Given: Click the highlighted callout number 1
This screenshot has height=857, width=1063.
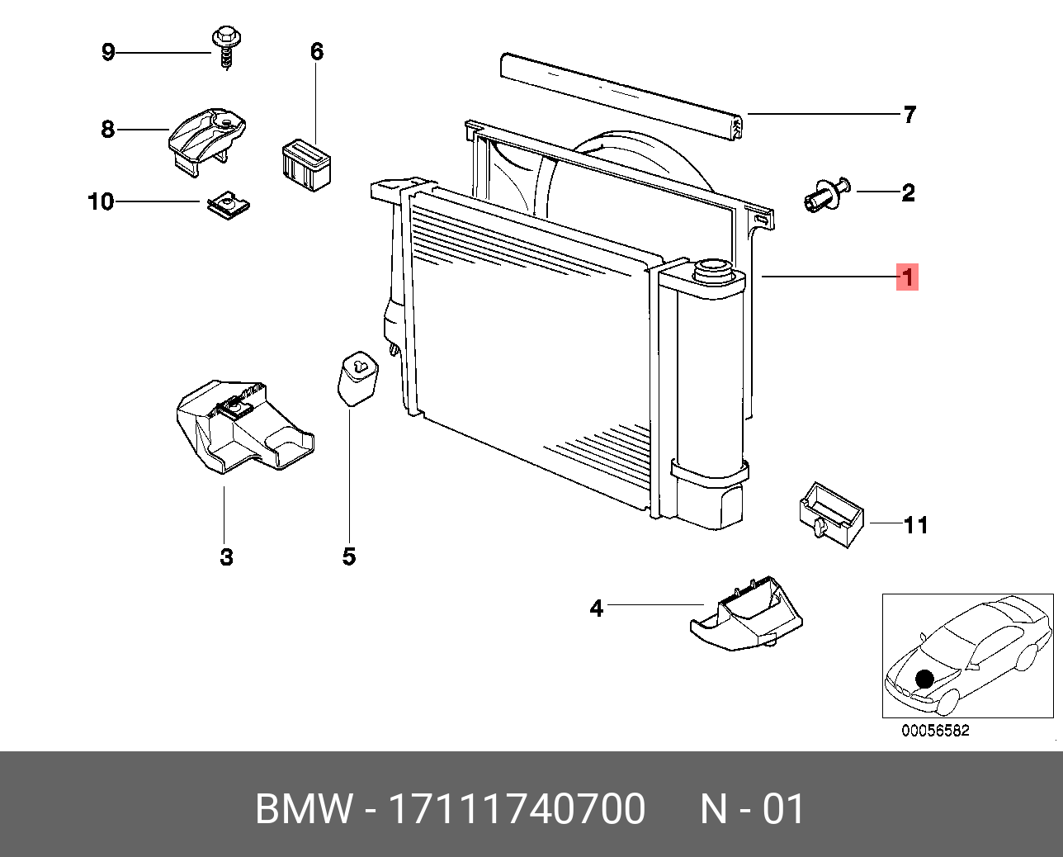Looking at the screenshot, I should coord(908,277).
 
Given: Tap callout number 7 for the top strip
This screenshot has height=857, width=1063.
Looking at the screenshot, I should coord(909,114).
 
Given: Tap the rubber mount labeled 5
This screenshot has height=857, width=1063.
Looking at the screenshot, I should coord(356,377).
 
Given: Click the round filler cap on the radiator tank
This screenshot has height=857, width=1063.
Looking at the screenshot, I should coord(711,269).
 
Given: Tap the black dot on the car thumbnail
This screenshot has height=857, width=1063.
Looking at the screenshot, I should coord(924,679).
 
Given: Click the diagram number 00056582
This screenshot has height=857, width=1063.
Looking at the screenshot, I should coord(935,731).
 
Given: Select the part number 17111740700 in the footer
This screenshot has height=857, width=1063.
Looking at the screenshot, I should coord(517,808).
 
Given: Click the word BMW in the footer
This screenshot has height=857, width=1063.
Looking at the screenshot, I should coord(304,808).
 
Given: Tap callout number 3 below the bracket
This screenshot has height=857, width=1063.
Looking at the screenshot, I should coord(227,557).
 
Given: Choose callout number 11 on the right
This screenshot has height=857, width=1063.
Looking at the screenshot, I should coord(916,525).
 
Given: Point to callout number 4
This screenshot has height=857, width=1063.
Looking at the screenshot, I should coord(597,608).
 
